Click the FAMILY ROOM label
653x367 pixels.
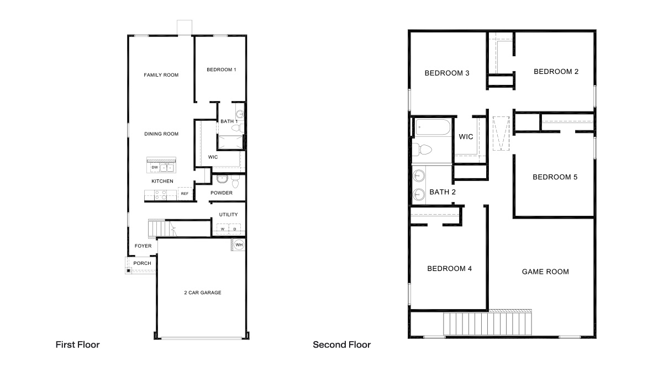161,75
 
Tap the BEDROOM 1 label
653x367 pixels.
221,70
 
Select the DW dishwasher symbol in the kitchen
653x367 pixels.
154,167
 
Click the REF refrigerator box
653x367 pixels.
185,194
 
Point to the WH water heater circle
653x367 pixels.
239,244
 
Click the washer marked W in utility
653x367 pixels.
223,228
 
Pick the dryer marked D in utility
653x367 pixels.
234,228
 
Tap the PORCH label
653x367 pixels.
142,263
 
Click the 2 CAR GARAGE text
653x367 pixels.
202,292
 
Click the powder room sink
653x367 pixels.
222,179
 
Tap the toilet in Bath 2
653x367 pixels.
423,149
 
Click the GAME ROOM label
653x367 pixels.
545,272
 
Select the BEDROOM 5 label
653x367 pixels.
555,177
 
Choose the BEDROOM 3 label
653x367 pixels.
446,73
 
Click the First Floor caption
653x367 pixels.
77,345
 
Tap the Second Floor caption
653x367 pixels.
341,345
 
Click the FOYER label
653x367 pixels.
143,246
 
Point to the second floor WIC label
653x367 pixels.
466,137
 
